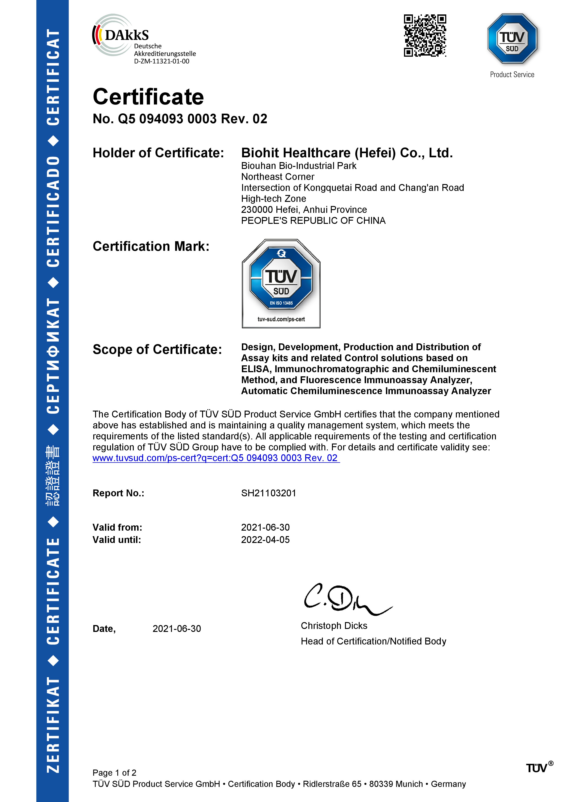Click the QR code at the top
point(425,35)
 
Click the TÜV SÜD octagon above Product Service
point(512,39)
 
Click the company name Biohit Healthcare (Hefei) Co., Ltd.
point(347,153)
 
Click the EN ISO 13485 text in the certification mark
point(281,303)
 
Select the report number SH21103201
point(268,493)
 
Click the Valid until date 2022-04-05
point(265,540)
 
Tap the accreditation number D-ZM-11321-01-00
point(161,61)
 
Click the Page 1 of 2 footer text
point(114,773)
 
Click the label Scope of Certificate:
point(157,349)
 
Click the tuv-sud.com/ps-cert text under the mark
point(281,319)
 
